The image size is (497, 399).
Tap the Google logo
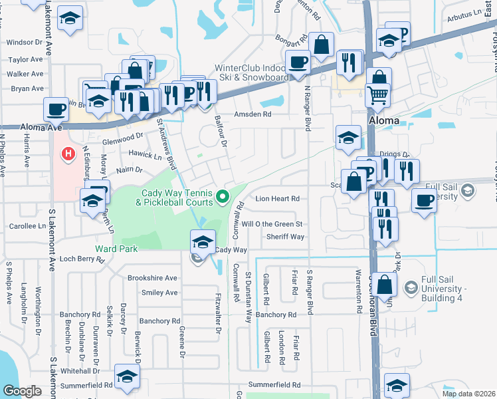(x=22, y=391)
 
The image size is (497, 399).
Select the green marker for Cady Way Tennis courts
(x=223, y=196)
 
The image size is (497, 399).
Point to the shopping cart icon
(x=377, y=94)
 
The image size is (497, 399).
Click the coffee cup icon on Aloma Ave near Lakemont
(x=56, y=108)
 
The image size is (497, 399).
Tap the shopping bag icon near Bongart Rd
(x=321, y=45)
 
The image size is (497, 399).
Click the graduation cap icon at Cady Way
(x=203, y=241)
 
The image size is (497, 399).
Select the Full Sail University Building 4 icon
(x=411, y=287)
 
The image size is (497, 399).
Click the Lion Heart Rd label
(x=278, y=198)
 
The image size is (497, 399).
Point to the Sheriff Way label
(x=285, y=237)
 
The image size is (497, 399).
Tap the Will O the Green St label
(x=272, y=224)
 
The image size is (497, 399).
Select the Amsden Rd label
(x=252, y=114)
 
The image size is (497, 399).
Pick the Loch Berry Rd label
(x=79, y=259)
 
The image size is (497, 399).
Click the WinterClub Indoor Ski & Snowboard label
(x=251, y=72)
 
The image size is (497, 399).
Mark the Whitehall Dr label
(x=79, y=370)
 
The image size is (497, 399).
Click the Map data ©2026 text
(x=469, y=394)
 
